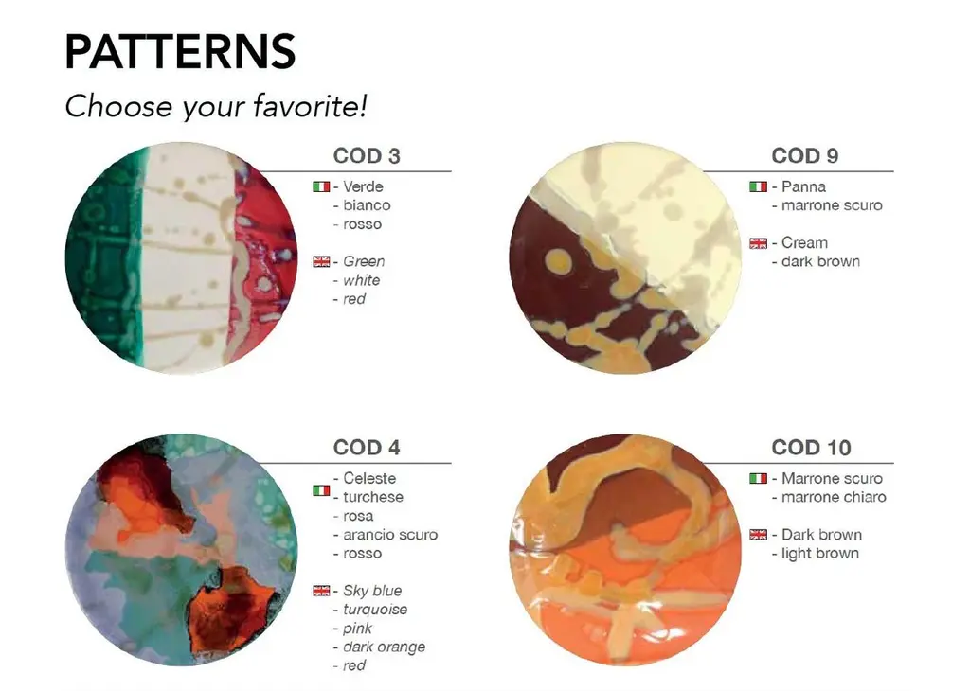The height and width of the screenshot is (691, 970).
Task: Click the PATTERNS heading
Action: (180, 51)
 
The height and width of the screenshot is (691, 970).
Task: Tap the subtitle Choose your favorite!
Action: (216, 106)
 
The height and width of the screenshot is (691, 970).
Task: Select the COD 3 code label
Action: (367, 156)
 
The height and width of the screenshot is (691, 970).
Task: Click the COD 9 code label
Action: (805, 156)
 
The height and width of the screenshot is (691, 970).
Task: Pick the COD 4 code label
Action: (367, 448)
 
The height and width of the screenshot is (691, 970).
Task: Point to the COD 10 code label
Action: (811, 448)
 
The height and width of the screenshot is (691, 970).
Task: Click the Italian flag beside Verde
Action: (321, 186)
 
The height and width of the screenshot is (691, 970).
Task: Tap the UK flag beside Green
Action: (321, 261)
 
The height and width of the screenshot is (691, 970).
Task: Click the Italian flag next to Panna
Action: (759, 186)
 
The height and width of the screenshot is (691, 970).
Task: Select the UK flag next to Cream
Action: (759, 243)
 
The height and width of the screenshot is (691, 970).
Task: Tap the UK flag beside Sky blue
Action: (321, 591)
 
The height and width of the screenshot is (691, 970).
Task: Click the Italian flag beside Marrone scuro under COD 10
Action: (759, 478)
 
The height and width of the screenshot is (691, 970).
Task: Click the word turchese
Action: (373, 497)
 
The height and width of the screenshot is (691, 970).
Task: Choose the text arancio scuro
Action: (390, 535)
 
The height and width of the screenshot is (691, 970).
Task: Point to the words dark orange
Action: (385, 647)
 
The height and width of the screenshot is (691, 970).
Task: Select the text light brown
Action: (820, 553)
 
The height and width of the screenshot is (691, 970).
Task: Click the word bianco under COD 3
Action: (367, 205)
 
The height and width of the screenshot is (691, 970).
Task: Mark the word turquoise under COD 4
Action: (375, 610)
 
